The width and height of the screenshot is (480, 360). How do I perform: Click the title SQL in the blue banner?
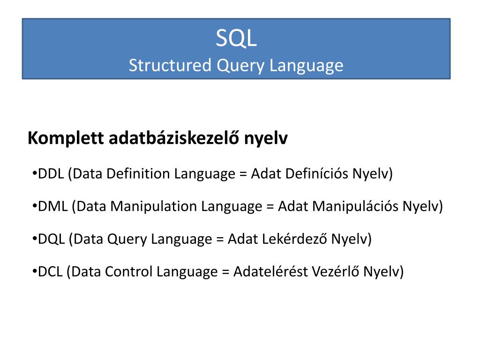coord(236,39)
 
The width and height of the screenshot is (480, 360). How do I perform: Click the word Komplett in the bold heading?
coord(66,139)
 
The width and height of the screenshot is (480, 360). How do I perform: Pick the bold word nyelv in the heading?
coord(265,140)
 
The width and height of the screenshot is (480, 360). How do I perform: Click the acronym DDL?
coord(51,174)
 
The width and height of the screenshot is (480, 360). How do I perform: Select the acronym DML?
coord(53,206)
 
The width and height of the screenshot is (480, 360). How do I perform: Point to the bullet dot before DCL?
coord(36,270)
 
